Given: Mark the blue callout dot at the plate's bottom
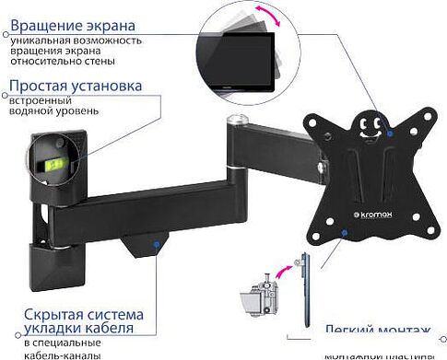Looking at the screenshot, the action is (343, 235).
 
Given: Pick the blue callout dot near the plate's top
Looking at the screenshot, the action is (390, 134).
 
